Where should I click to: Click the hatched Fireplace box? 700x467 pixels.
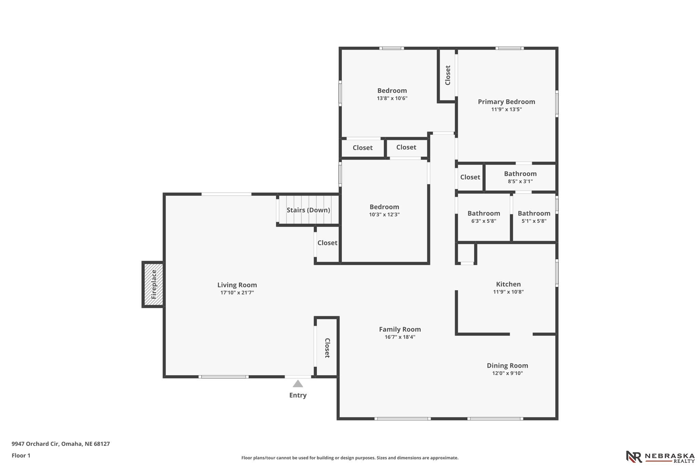coord(153,285)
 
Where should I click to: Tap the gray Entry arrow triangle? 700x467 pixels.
coord(298,384)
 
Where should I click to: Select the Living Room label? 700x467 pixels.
coord(237,285)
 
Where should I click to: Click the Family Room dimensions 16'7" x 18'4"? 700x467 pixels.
coord(400,337)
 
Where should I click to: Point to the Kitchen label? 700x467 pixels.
coord(508,284)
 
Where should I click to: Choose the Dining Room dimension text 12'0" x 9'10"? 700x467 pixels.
coord(508,373)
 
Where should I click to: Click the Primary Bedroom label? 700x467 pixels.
coord(507,102)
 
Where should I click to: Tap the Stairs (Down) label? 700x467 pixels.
coord(308,210)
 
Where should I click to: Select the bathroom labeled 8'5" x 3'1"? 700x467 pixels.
coord(520,177)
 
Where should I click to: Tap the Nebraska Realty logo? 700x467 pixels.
coord(660,457)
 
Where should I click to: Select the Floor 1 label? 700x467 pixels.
coord(21,455)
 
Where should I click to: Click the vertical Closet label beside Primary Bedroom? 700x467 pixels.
coord(448,75)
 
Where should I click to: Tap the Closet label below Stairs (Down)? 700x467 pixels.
coord(327,243)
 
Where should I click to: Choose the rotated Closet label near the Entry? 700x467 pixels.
coord(327,348)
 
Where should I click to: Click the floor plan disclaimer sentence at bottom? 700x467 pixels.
coord(350,458)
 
